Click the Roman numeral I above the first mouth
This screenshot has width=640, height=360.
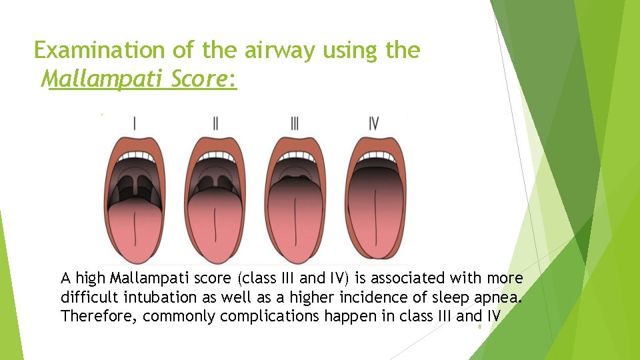click(135, 123)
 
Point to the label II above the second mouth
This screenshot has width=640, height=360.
click(215, 123)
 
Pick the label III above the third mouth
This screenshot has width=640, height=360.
click(295, 123)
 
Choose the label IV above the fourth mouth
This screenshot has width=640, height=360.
click(374, 123)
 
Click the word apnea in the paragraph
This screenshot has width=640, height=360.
click(492, 297)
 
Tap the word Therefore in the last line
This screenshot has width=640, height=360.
click(98, 316)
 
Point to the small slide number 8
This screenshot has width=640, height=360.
click(479, 328)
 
